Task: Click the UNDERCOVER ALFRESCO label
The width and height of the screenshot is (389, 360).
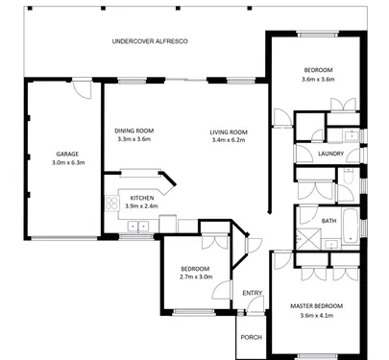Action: click(x=150, y=41)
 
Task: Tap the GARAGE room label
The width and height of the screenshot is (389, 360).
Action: click(x=67, y=155)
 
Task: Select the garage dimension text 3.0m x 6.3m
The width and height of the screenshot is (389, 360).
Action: click(x=68, y=162)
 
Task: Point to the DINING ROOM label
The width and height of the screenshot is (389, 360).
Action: click(x=134, y=131)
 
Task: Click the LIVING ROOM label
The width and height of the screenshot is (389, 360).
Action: click(x=229, y=132)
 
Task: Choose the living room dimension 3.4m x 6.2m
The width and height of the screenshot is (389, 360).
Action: click(x=229, y=140)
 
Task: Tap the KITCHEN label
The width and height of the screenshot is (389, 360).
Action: click(x=142, y=198)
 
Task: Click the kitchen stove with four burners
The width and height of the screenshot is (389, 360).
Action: click(x=112, y=204)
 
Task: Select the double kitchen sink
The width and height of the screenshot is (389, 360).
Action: click(x=138, y=227)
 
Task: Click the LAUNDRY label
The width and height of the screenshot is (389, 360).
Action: click(x=330, y=154)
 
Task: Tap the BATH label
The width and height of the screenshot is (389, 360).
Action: click(x=328, y=221)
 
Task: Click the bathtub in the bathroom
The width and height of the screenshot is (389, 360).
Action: click(x=351, y=226)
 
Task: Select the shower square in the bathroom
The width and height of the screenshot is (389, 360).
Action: click(x=307, y=239)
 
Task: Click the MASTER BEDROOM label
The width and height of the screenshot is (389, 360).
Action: click(x=316, y=306)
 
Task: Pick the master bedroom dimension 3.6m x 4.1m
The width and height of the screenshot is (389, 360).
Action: click(x=317, y=316)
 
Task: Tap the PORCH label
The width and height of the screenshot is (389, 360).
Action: click(x=252, y=337)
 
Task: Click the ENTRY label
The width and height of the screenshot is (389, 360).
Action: click(x=253, y=293)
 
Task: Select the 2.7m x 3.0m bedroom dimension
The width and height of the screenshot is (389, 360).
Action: click(x=196, y=276)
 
